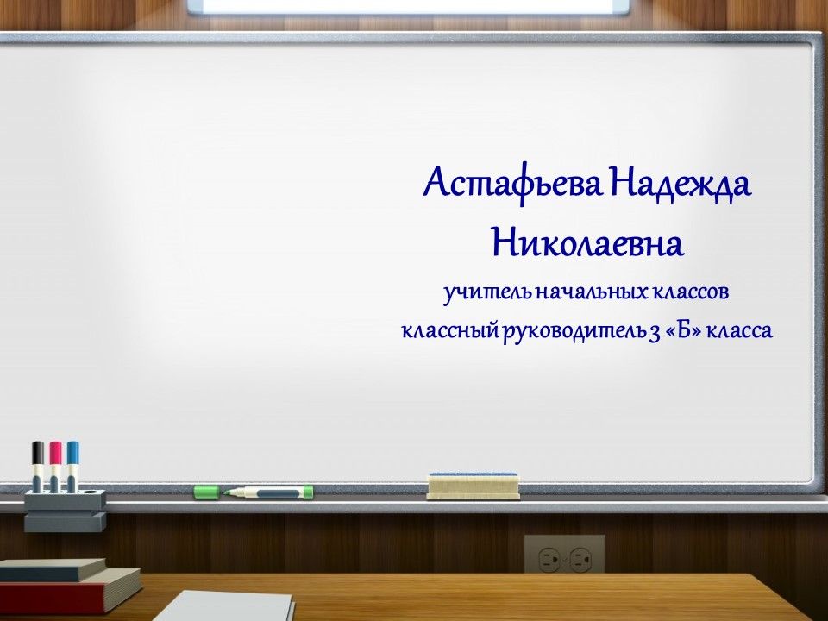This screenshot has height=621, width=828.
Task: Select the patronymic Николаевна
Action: pyautogui.click(x=587, y=242)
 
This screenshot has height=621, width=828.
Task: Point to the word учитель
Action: pyautogui.click(x=488, y=293)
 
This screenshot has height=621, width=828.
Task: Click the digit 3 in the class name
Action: pyautogui.click(x=655, y=333)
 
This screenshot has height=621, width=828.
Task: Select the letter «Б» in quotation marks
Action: pyautogui.click(x=684, y=331)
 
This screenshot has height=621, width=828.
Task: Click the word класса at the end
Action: pyautogui.click(x=739, y=331)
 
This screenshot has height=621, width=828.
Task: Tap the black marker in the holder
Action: pyautogui.click(x=37, y=467)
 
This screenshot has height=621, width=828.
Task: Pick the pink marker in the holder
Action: pyautogui.click(x=55, y=467)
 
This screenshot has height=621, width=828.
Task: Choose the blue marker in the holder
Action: pyautogui.click(x=72, y=467)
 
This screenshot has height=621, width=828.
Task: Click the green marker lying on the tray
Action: pyautogui.click(x=269, y=492)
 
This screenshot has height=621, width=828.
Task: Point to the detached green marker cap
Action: pyautogui.click(x=206, y=492)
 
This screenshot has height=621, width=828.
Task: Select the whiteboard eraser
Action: pyautogui.click(x=474, y=486)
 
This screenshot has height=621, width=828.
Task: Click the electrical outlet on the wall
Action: pyautogui.click(x=564, y=555)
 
